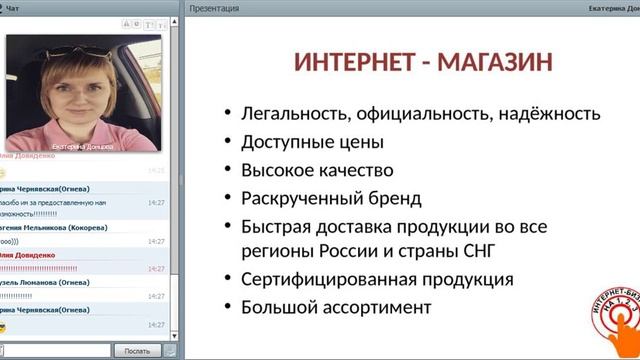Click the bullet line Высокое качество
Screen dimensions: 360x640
[317, 170]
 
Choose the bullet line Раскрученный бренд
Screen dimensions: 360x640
[331, 197]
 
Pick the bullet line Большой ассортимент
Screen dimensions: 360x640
[336, 306]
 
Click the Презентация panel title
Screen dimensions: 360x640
[216, 8]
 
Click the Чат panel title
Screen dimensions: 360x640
[14, 8]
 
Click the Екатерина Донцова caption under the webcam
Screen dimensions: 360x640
[81, 145]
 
